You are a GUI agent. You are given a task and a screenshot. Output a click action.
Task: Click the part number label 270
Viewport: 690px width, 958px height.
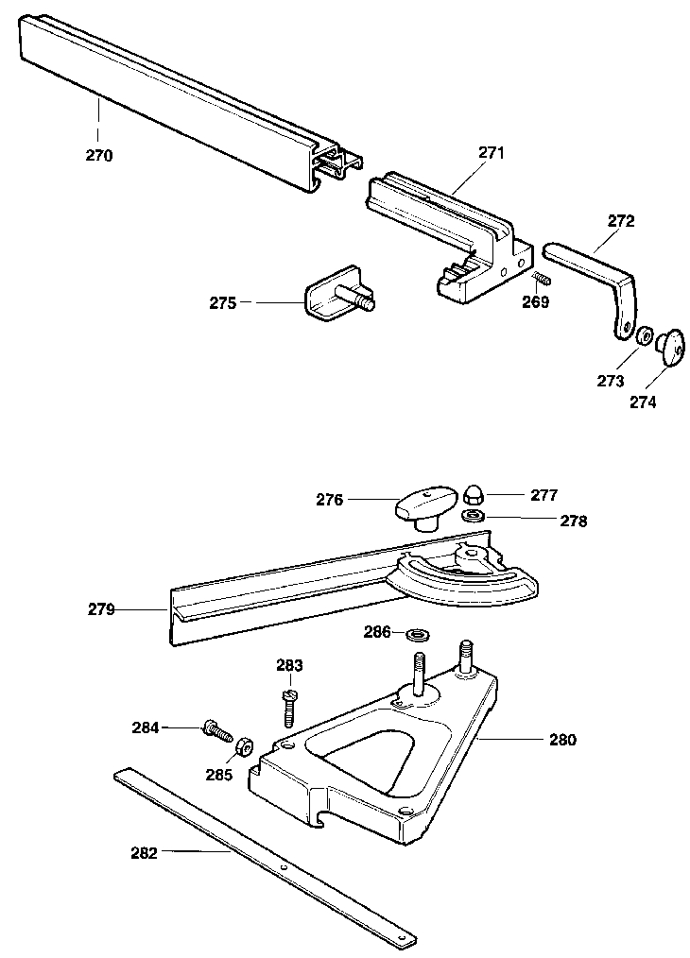pyautogui.click(x=98, y=156)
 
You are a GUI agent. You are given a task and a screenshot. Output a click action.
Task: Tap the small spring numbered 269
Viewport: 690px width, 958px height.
pyautogui.click(x=542, y=280)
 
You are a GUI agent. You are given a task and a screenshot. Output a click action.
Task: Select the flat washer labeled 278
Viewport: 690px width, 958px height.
pyautogui.click(x=474, y=516)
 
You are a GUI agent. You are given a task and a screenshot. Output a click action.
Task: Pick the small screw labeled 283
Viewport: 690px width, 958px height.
pyautogui.click(x=289, y=704)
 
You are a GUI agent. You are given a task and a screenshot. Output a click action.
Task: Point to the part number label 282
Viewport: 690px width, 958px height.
pyautogui.click(x=144, y=852)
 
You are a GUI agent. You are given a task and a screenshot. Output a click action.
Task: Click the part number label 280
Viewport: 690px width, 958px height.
pyautogui.click(x=562, y=740)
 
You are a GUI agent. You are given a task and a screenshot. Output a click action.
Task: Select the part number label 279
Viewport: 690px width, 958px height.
pyautogui.click(x=101, y=610)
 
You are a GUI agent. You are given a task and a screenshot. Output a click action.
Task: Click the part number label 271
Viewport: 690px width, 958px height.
pyautogui.click(x=492, y=152)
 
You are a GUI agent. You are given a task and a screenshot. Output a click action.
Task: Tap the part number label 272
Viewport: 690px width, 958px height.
pyautogui.click(x=621, y=221)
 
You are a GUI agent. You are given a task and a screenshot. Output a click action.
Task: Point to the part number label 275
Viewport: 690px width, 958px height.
pyautogui.click(x=223, y=302)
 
